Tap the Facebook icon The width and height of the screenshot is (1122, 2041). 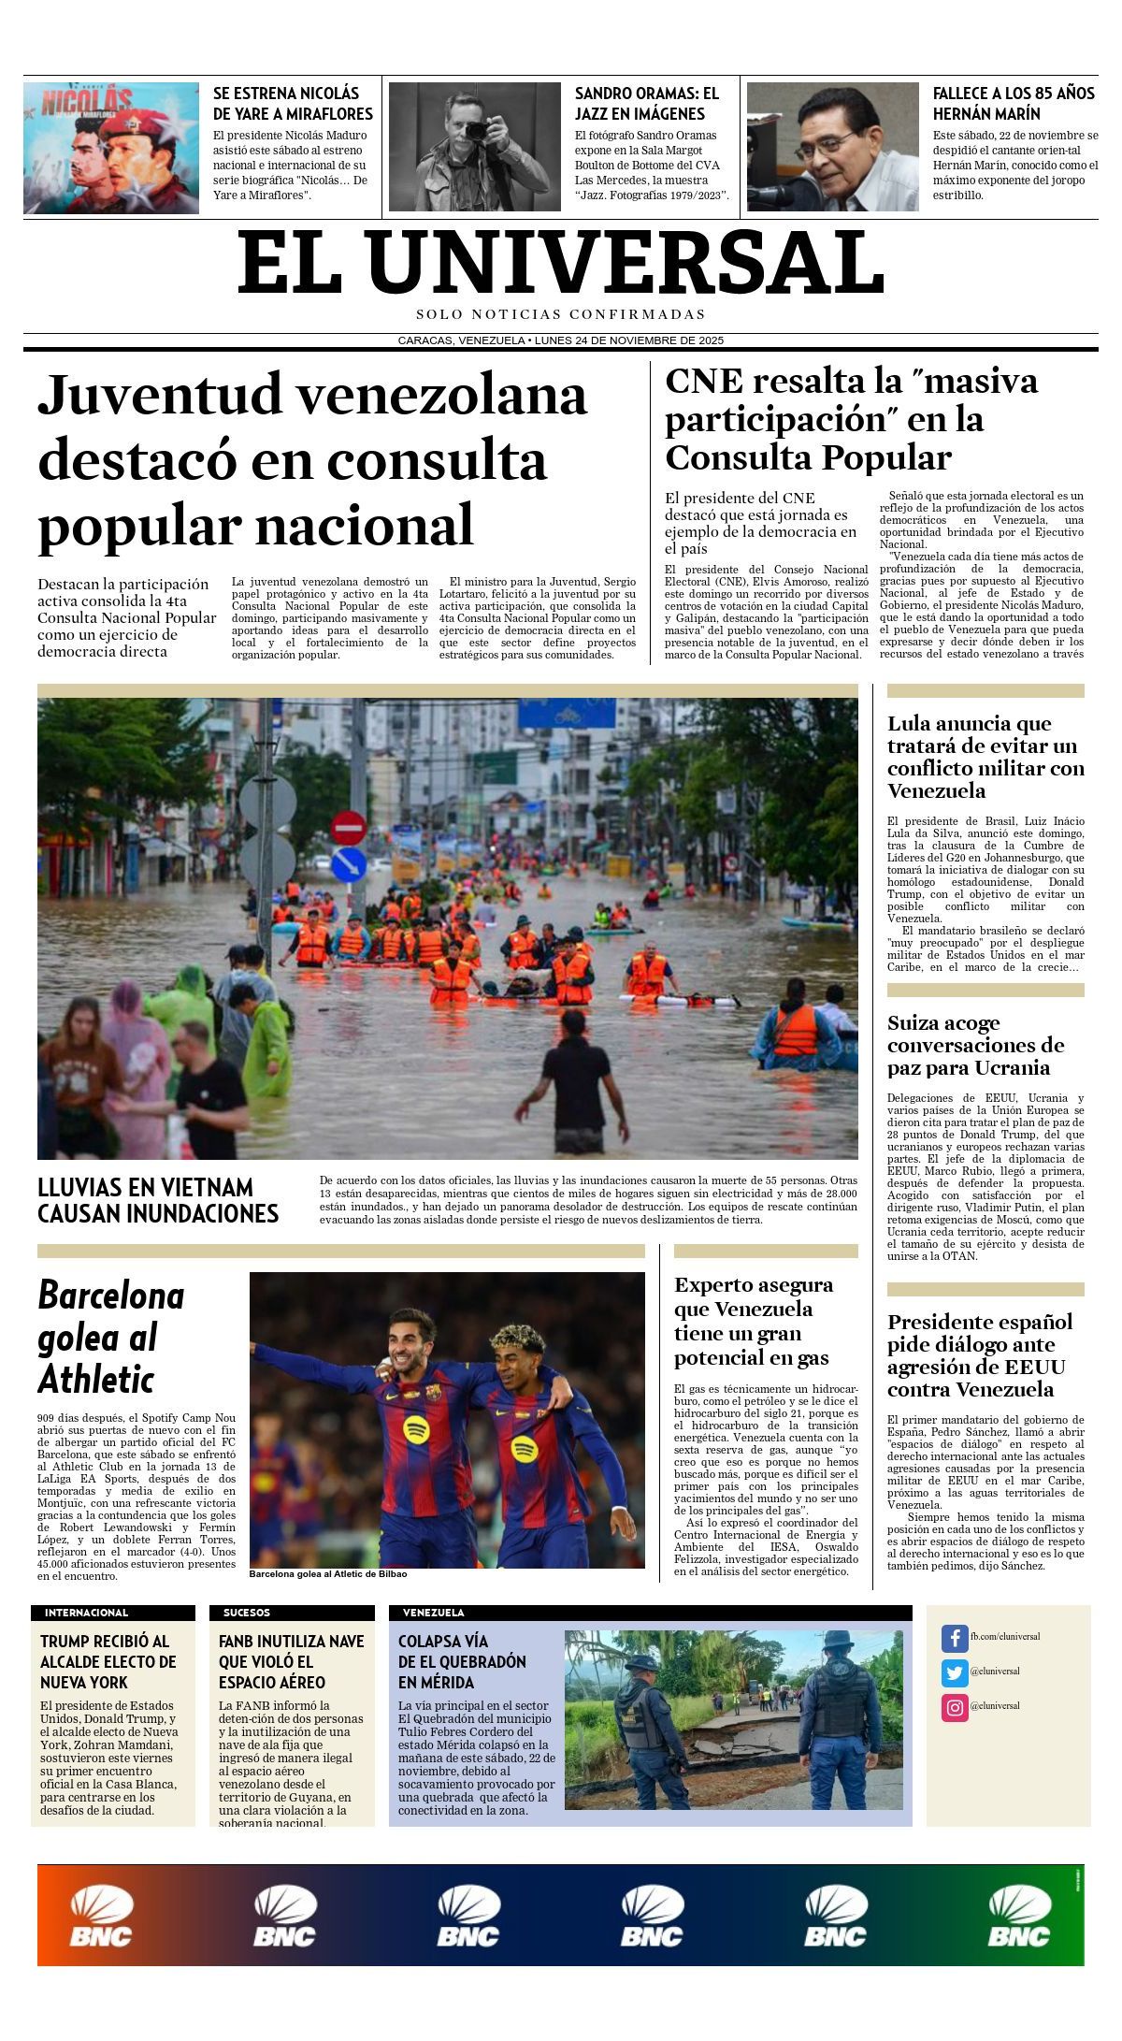point(954,1637)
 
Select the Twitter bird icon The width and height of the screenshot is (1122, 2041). point(954,1672)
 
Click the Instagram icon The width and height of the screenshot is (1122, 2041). point(954,1706)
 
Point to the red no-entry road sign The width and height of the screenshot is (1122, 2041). point(349,828)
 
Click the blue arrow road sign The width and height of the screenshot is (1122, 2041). point(349,863)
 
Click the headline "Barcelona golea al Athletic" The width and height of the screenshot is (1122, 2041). point(110,1337)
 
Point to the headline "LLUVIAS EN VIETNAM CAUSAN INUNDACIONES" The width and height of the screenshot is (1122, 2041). point(158,1200)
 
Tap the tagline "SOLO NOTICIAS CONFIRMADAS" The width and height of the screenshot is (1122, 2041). point(561,314)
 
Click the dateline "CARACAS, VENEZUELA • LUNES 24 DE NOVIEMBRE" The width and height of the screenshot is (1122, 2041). point(561,340)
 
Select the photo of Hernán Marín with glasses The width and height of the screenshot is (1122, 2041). point(832,147)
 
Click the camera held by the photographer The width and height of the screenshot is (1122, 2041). point(477,130)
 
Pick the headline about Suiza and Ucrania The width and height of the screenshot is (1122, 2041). point(975,1045)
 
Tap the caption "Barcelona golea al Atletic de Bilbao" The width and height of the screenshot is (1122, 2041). point(328,1573)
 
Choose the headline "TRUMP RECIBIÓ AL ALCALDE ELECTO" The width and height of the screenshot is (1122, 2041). point(108,1661)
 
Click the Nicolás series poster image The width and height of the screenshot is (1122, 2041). point(111,147)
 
